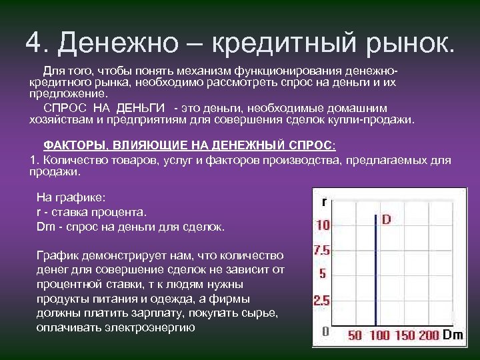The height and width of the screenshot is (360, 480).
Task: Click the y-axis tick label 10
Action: pyautogui.click(x=323, y=225)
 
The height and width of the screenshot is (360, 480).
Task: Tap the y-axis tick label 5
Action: pyautogui.click(x=323, y=274)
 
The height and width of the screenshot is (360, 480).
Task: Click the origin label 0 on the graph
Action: pyautogui.click(x=325, y=331)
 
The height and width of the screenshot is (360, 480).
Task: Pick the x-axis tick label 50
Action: pyautogui.click(x=355, y=335)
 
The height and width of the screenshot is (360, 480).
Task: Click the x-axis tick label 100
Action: pyautogui.click(x=379, y=335)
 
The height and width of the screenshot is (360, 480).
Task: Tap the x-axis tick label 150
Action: pyautogui.click(x=405, y=335)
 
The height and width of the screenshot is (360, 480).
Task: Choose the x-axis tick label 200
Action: pyautogui.click(x=429, y=335)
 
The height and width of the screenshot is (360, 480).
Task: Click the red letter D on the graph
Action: pyautogui.click(x=386, y=219)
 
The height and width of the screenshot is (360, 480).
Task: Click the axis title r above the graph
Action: pyautogui.click(x=324, y=201)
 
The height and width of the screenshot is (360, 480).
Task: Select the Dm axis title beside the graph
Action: pyautogui.click(x=453, y=335)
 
